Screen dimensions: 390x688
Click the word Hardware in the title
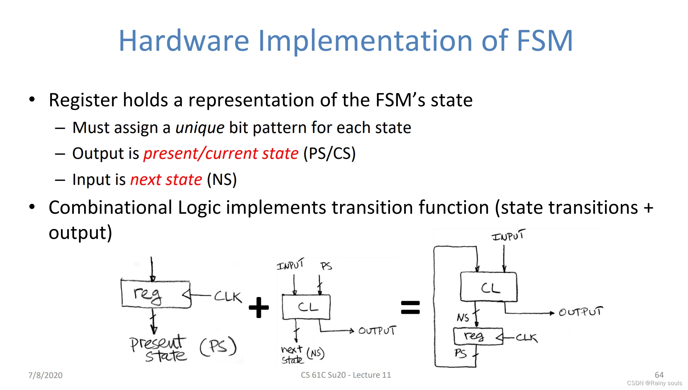(184, 41)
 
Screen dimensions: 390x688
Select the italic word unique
(200, 128)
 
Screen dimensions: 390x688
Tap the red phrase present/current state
(221, 154)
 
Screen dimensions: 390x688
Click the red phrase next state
(166, 180)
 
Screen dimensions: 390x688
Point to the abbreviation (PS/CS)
(329, 154)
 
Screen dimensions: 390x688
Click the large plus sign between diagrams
(259, 307)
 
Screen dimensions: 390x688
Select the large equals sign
(410, 307)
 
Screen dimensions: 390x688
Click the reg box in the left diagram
(156, 294)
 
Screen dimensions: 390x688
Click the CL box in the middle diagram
(306, 307)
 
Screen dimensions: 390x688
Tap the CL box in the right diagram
(488, 287)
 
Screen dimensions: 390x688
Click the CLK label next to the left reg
(228, 297)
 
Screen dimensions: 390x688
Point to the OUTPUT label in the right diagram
(580, 312)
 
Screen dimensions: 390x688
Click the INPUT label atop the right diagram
(508, 236)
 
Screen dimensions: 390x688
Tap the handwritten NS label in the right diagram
(463, 318)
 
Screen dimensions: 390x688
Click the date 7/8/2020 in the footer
(45, 375)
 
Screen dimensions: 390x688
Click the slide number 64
(659, 375)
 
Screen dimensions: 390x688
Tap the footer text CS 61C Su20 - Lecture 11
(345, 375)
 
